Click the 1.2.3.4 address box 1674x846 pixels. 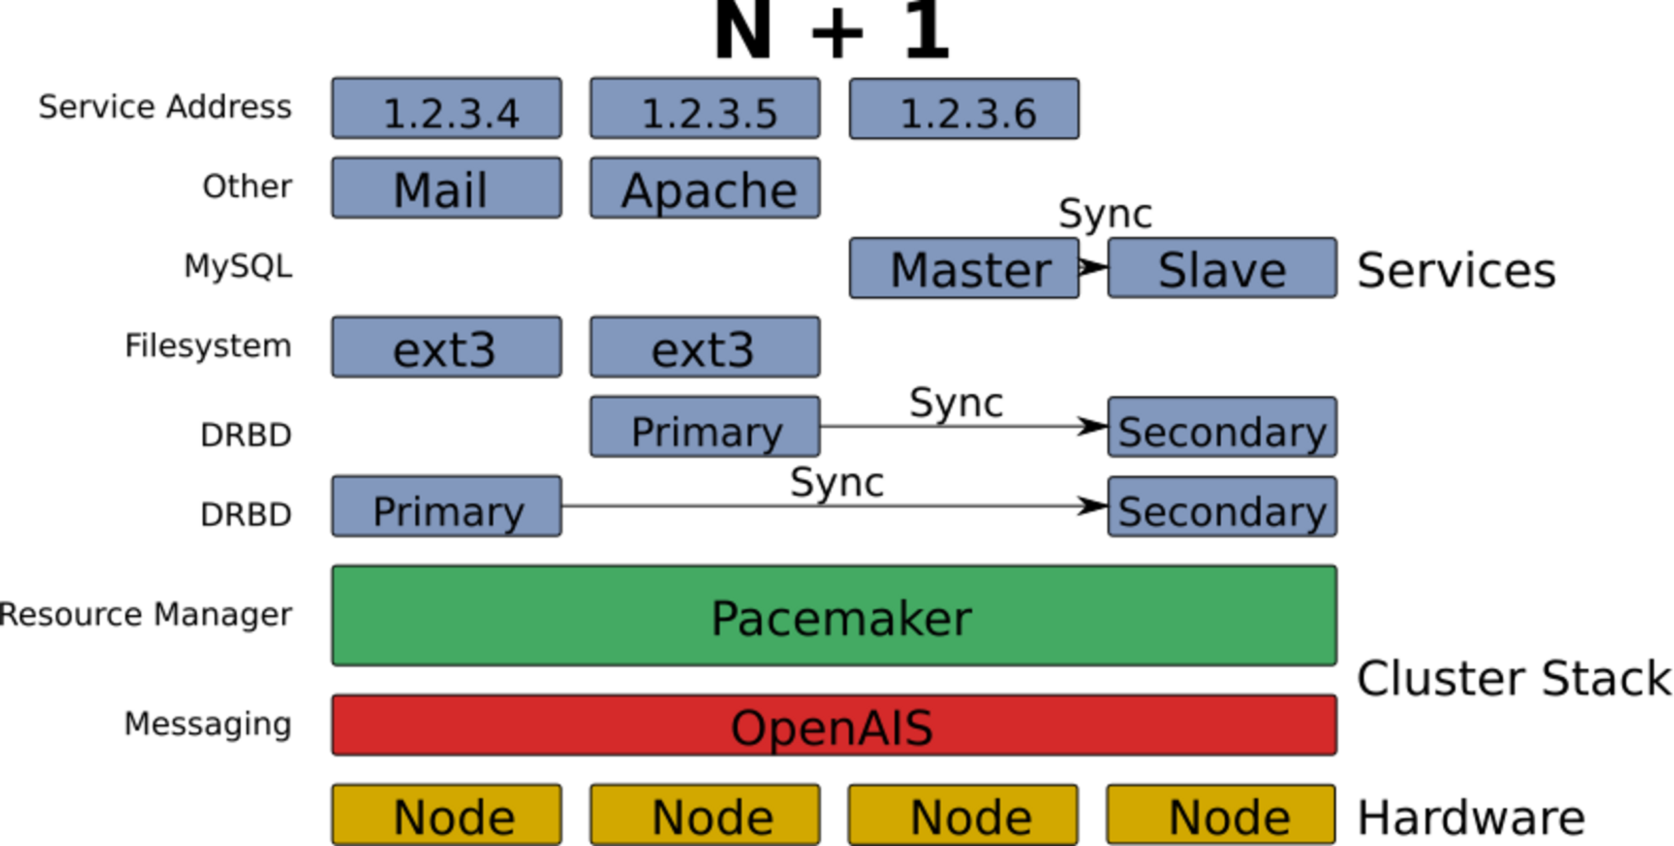tap(447, 109)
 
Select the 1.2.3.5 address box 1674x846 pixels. tap(705, 109)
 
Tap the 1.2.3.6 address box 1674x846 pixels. tap(964, 109)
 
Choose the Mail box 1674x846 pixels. tap(447, 188)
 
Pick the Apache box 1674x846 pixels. tap(705, 188)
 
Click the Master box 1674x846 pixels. tap(964, 267)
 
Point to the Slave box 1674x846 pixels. tap(1222, 267)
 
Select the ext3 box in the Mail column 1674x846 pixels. tap(447, 347)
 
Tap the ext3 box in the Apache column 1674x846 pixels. tap(705, 347)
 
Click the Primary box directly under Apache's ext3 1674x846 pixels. tap(705, 427)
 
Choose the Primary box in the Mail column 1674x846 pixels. tap(447, 507)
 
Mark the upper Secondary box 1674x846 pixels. tap(1222, 427)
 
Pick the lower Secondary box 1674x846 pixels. tap(1222, 507)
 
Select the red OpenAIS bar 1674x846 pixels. tap(834, 725)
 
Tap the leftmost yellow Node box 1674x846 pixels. tap(447, 815)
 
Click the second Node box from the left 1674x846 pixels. tap(705, 815)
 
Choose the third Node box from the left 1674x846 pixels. tap(963, 815)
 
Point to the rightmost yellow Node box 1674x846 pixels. tap(1221, 815)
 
